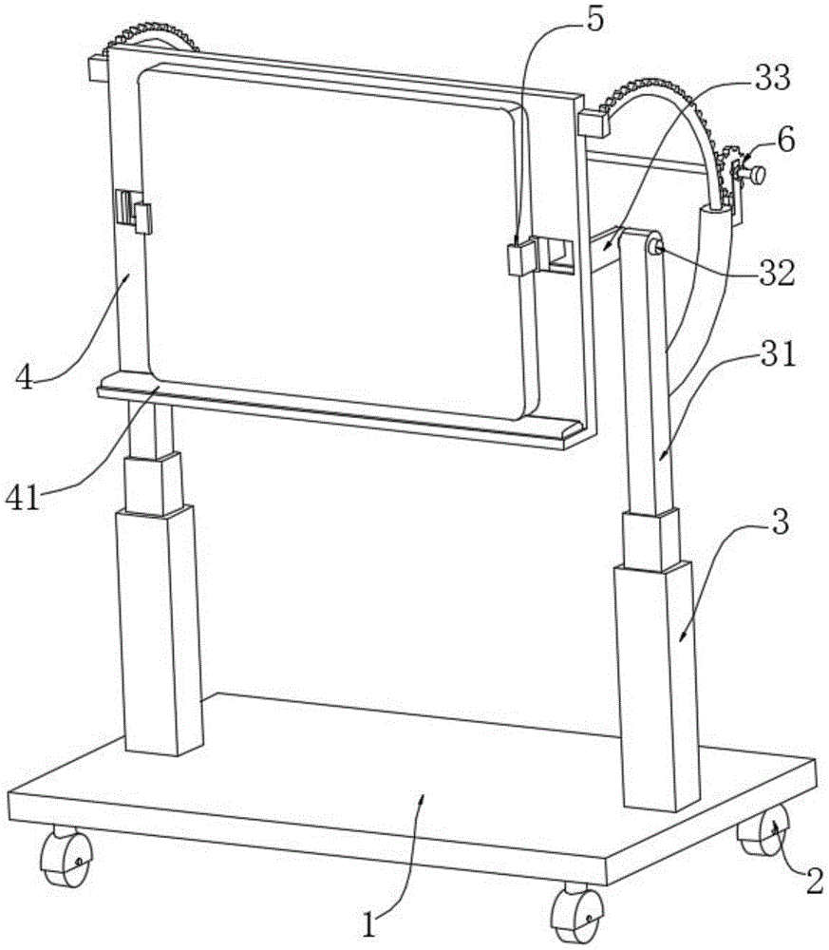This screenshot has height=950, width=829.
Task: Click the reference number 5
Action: (594, 21)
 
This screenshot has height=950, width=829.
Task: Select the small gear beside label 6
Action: (733, 171)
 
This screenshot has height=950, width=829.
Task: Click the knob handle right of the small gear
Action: (756, 175)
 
